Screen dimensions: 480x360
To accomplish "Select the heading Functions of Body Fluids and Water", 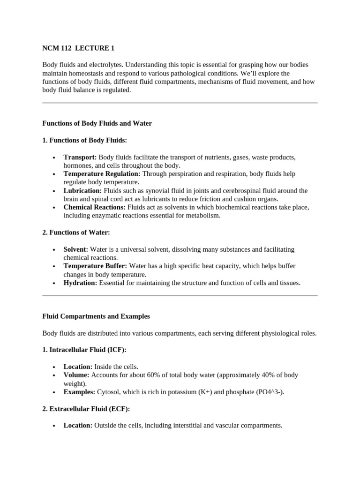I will click(x=97, y=123).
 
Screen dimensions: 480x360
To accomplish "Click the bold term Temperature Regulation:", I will click(x=102, y=174).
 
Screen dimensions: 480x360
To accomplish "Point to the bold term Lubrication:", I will click(x=82, y=191).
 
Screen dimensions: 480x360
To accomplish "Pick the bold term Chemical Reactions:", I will click(x=94, y=207).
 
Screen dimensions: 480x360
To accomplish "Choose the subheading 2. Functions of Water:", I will click(x=76, y=232).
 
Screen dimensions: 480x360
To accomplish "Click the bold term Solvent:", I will click(x=76, y=249).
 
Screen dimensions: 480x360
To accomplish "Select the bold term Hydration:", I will click(x=80, y=283).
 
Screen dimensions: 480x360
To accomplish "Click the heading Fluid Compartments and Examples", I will click(x=96, y=316).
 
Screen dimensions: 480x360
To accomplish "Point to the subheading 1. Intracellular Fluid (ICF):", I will click(x=84, y=350).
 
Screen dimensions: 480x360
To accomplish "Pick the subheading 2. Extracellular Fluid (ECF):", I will click(x=86, y=409).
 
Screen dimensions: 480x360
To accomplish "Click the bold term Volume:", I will click(x=76, y=375).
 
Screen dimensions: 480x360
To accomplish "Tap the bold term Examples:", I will click(x=79, y=392).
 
